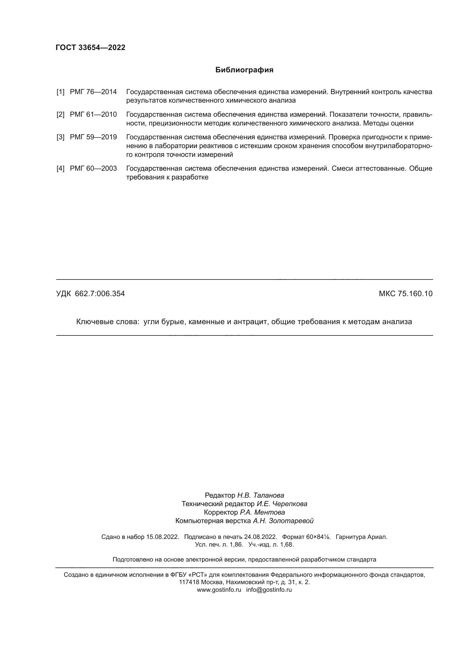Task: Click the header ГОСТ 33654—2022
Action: click(x=90, y=47)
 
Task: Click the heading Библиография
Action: click(x=244, y=70)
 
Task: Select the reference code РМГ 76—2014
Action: click(x=93, y=92)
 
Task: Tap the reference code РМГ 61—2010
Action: click(x=93, y=114)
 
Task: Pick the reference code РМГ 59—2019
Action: click(x=93, y=137)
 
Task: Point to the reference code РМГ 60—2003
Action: click(x=93, y=168)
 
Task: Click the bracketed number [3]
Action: click(x=60, y=137)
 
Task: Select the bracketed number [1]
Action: click(x=60, y=92)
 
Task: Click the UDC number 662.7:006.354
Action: click(x=100, y=294)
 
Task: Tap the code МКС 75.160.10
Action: click(x=405, y=294)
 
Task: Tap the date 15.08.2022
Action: click(x=162, y=537)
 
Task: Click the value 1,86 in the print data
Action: click(x=236, y=545)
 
